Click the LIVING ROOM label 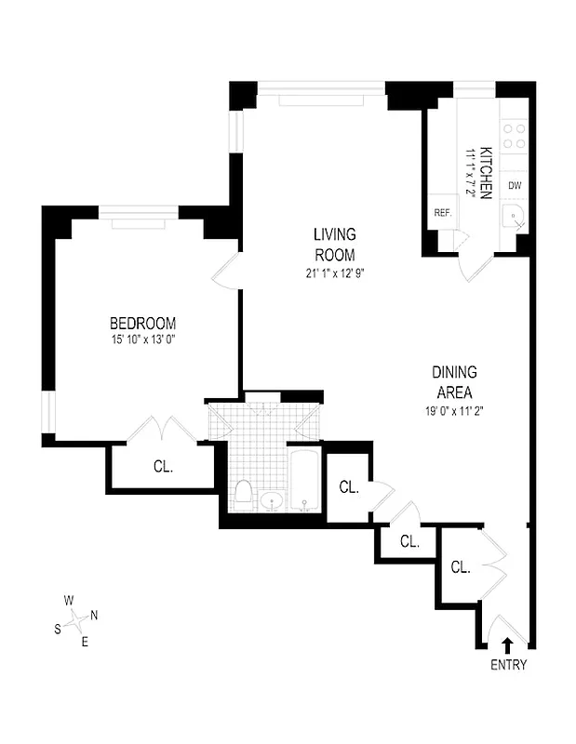click(x=334, y=245)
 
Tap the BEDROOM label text click(x=142, y=323)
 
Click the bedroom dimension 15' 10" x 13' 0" click(x=142, y=339)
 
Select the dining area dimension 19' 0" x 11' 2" click(x=454, y=409)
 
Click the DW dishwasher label click(x=515, y=185)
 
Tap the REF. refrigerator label click(x=442, y=213)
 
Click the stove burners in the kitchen click(x=515, y=137)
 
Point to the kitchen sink click(x=514, y=219)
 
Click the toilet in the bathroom click(x=243, y=493)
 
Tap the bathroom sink click(x=272, y=502)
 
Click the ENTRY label click(x=508, y=665)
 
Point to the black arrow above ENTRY click(x=508, y=643)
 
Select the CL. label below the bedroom click(x=163, y=467)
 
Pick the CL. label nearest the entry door click(x=461, y=567)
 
